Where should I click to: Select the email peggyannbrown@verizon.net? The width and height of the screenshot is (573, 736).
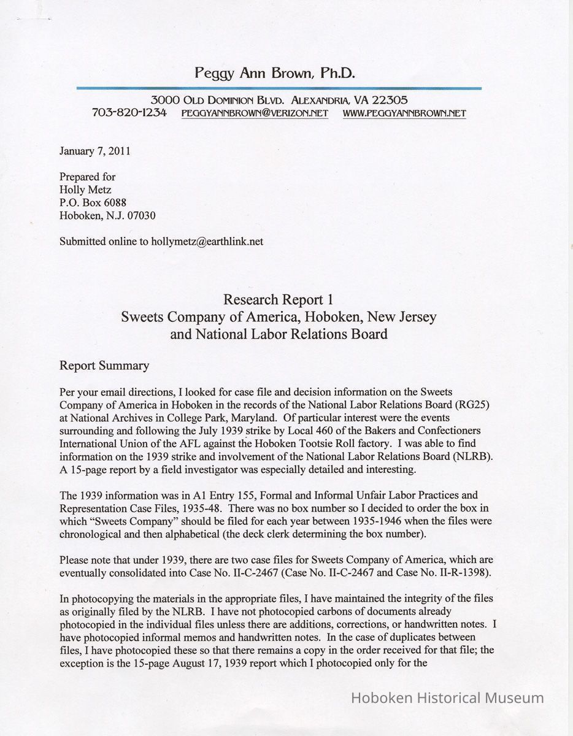[255, 113]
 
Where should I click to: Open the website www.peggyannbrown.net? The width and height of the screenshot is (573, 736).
[404, 113]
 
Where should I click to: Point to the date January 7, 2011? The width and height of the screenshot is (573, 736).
[94, 151]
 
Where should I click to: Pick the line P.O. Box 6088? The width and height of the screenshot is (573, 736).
[93, 202]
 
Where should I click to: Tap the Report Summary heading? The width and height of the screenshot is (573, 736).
[104, 366]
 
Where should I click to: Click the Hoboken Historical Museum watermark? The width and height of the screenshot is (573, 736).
[447, 698]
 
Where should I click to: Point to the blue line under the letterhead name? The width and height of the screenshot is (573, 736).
[279, 89]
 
